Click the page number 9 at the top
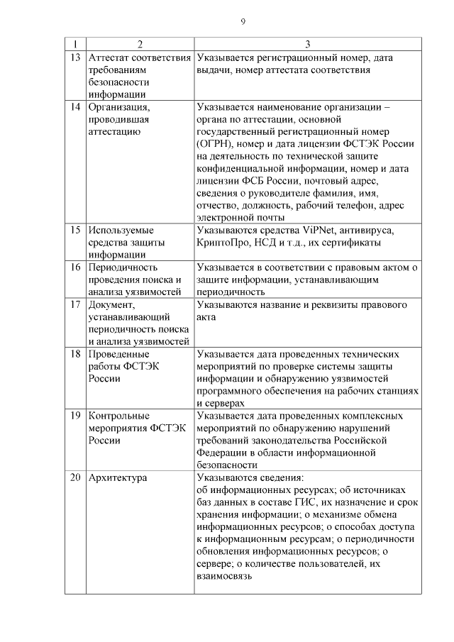(243, 22)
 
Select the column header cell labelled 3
(306, 44)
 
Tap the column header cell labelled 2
(139, 44)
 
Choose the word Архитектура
(118, 477)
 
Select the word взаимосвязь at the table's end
(225, 577)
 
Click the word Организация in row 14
(118, 107)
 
